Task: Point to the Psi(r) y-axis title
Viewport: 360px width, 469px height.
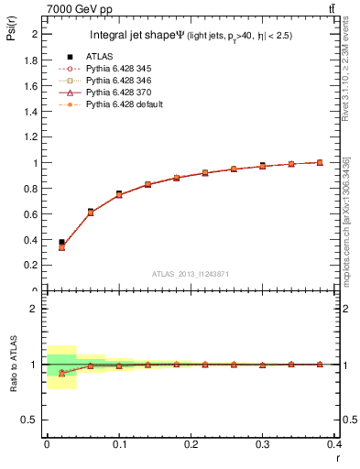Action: point(11,36)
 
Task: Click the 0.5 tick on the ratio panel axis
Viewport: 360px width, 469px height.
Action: point(33,420)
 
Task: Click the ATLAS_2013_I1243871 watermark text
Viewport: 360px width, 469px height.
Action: point(191,275)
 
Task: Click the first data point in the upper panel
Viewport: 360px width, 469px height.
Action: point(61,243)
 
